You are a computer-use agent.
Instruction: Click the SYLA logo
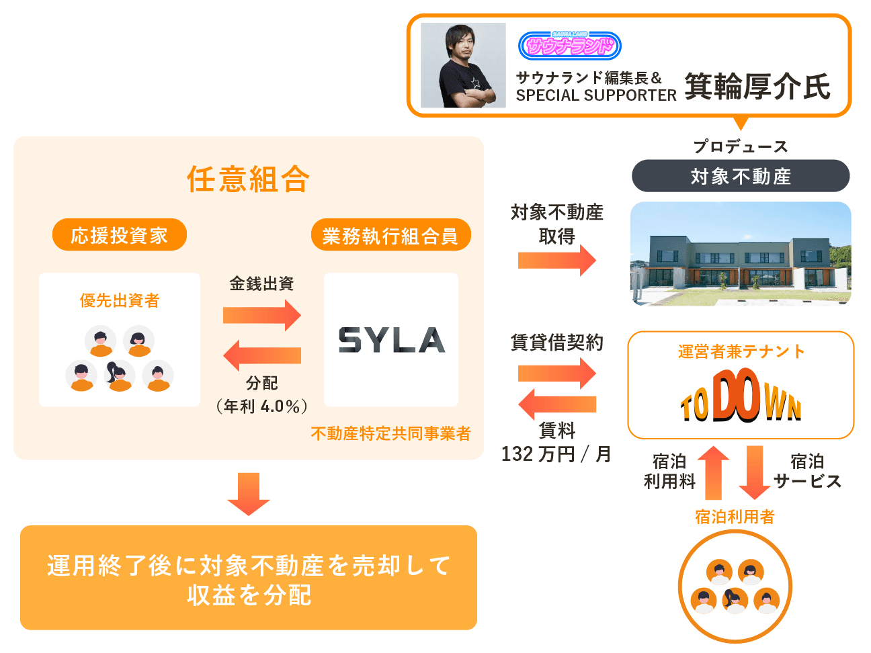[391, 340]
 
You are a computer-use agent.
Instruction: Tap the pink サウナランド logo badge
[569, 46]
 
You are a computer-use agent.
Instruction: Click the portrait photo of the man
[463, 65]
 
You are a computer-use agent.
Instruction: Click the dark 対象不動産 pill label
[741, 176]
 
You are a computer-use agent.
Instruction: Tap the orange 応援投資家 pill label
[120, 235]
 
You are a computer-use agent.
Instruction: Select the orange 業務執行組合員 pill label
[390, 235]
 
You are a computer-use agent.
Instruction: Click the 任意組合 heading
[249, 179]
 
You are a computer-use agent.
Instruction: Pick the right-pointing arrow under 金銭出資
[262, 314]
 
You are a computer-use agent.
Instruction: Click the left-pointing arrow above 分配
[262, 355]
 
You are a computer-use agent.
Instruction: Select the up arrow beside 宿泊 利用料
[714, 472]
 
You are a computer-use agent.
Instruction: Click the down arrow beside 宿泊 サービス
[755, 472]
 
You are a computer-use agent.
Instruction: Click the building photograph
[741, 253]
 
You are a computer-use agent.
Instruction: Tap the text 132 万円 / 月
[556, 454]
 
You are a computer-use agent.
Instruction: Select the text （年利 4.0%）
[262, 406]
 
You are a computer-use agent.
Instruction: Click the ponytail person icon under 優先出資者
[120, 376]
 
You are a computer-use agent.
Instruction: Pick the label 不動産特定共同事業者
[390, 434]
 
